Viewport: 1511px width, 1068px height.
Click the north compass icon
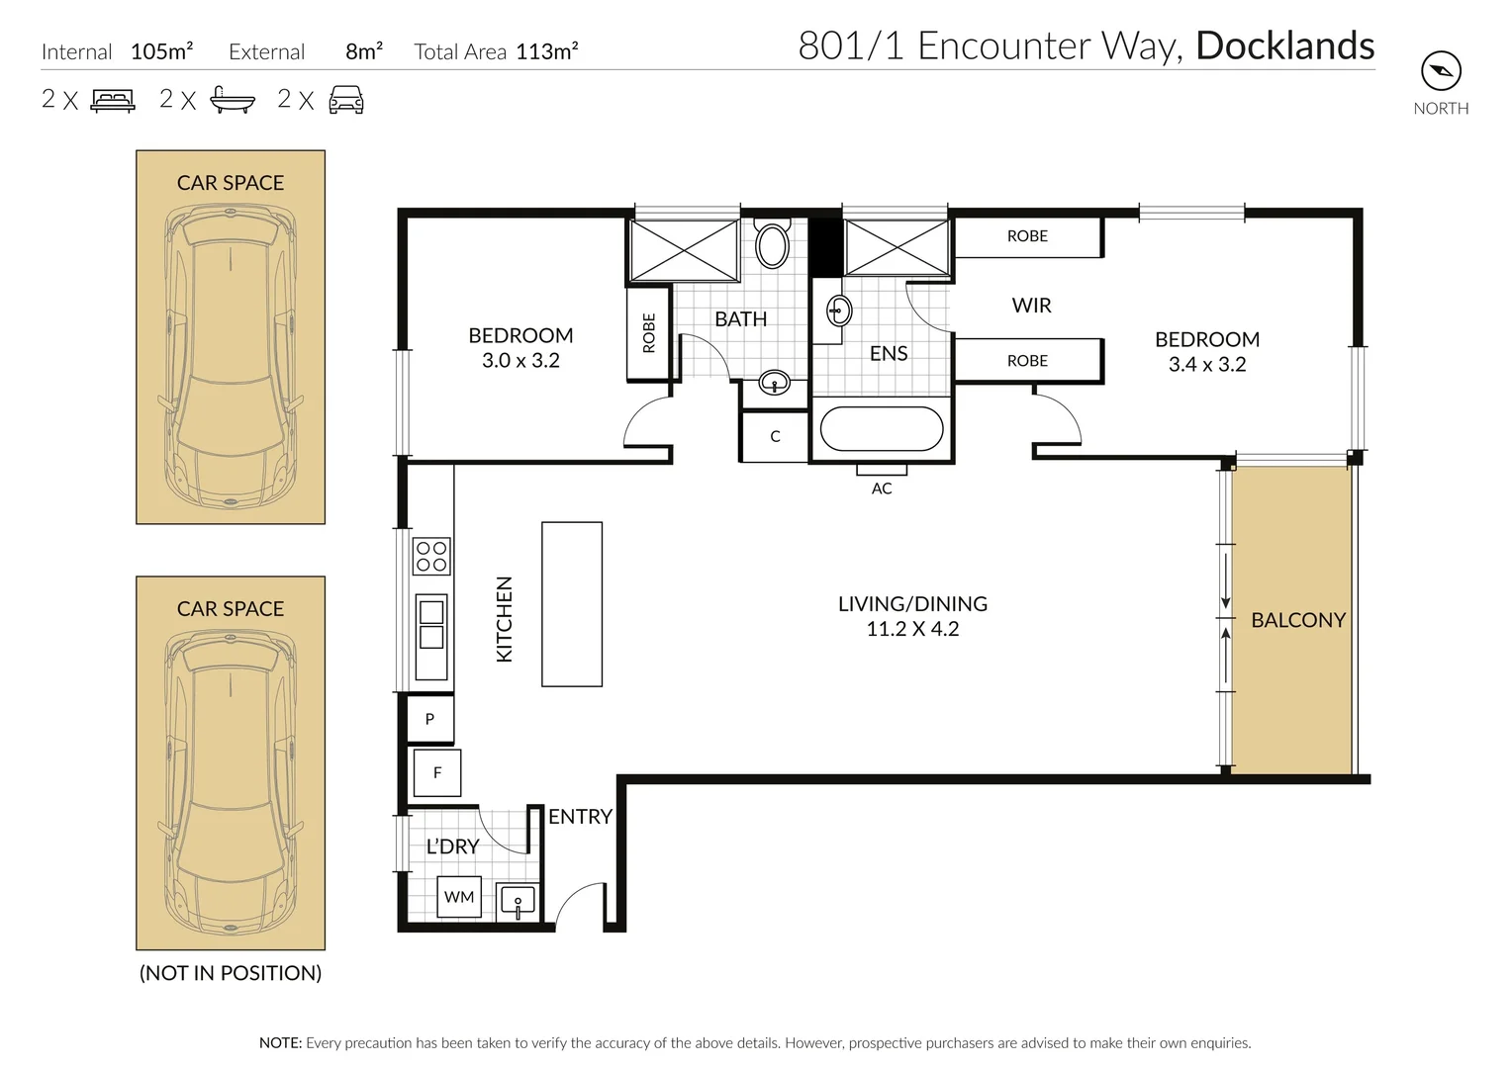pos(1441,71)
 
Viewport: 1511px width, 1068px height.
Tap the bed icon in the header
pos(113,100)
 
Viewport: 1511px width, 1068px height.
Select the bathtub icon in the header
pos(233,100)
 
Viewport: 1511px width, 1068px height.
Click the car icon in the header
pos(346,100)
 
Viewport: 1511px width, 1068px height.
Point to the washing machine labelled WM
pos(459,897)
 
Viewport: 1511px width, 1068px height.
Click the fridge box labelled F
pos(436,772)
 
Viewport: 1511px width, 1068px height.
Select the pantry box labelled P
pos(430,719)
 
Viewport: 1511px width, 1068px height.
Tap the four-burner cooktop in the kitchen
pos(431,556)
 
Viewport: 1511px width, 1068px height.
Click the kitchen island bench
pos(572,604)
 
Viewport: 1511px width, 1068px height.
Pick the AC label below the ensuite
pos(882,489)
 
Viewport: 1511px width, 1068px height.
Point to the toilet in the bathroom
pos(772,242)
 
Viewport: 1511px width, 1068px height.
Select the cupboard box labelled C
pos(775,436)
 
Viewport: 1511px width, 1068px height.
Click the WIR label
pos(1031,306)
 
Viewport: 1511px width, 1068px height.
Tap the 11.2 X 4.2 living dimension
pos(912,629)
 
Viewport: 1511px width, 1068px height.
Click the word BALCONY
pos(1298,620)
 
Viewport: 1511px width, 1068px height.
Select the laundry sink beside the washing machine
pos(518,901)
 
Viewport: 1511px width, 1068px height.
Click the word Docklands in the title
pos(1285,45)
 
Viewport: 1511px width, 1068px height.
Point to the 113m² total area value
pos(547,51)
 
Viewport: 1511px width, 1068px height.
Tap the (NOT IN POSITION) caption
pos(231,973)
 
